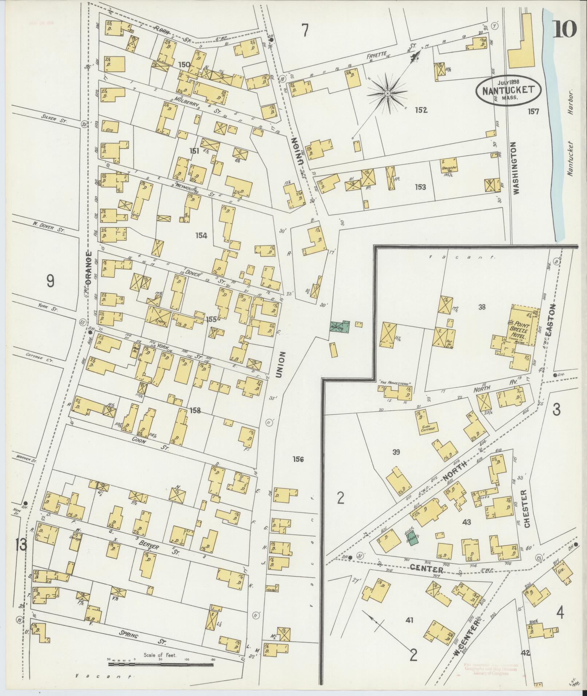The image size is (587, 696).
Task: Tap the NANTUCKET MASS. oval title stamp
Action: [508, 90]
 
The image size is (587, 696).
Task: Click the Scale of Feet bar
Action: [160, 664]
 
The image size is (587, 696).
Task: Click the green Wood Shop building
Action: [339, 327]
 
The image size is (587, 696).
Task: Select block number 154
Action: [201, 235]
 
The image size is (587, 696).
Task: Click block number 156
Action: [298, 459]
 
